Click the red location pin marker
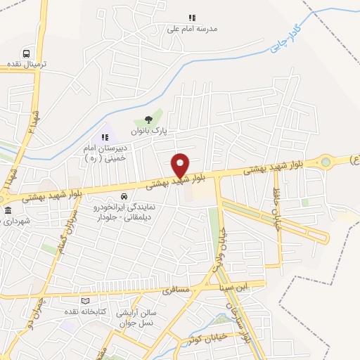[181, 165]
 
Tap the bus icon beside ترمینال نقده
[27, 53]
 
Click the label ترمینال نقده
[27, 64]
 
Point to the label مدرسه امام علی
[192, 29]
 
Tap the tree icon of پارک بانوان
[148, 120]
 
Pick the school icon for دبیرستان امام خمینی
[105, 137]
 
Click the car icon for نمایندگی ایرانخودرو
[124, 196]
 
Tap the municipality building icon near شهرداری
[8, 211]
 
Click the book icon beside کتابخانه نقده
[85, 300]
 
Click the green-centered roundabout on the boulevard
[326, 163]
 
